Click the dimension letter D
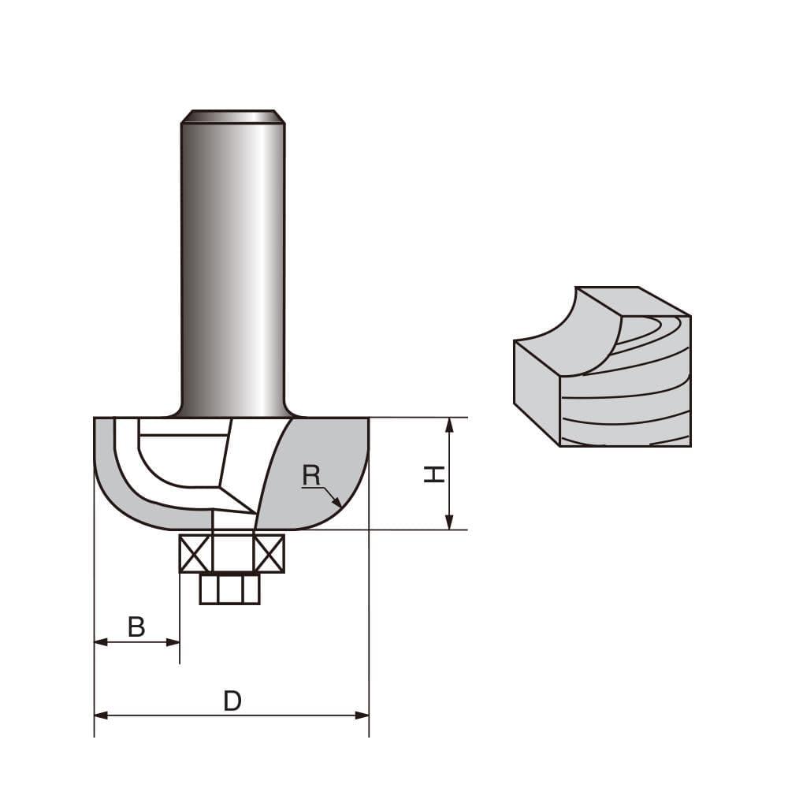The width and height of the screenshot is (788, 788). [x=232, y=701]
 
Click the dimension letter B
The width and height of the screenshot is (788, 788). [x=136, y=627]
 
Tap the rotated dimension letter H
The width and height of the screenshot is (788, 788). [x=433, y=474]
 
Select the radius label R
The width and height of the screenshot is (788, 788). [x=312, y=475]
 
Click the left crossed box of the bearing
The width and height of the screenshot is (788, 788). [x=195, y=554]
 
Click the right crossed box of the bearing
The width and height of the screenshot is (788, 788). [x=268, y=554]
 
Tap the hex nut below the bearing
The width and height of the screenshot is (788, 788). [x=229, y=589]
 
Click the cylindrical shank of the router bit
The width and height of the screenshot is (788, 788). [x=232, y=260]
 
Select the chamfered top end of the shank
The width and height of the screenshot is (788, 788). [x=232, y=116]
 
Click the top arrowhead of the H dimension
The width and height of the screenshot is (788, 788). [x=449, y=426]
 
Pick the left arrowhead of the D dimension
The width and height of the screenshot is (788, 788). [x=101, y=716]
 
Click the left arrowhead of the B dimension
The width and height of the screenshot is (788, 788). [x=101, y=642]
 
